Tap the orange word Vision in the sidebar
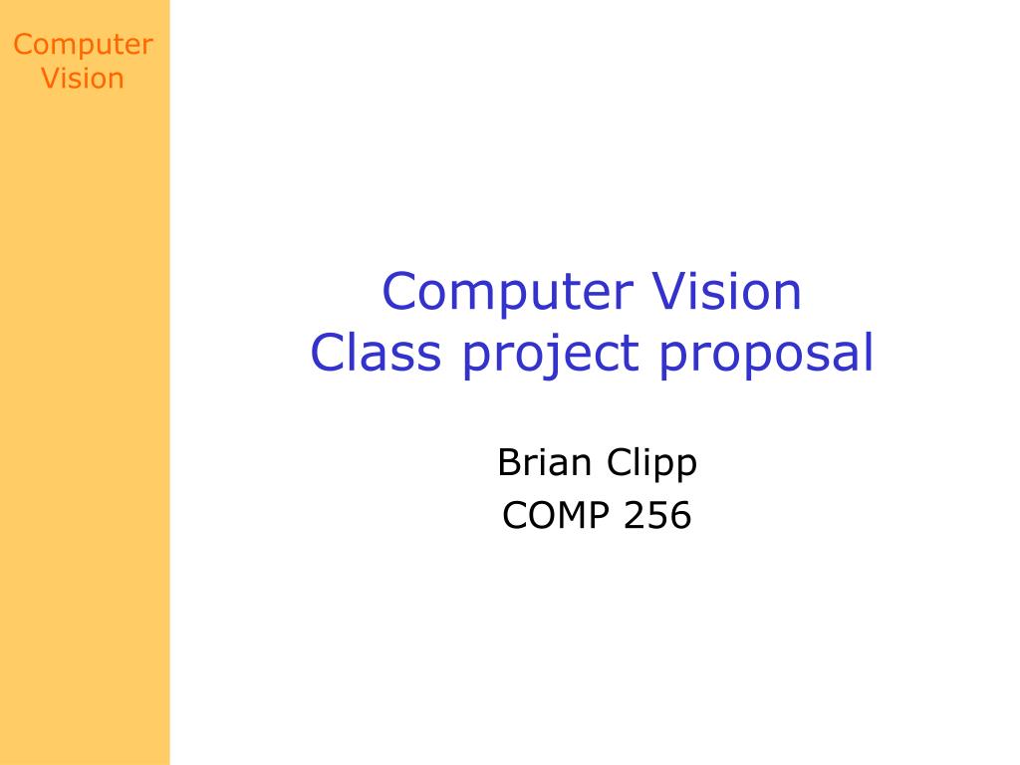coord(83,78)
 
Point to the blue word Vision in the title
coord(726,291)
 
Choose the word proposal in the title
coord(766,356)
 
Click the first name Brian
coord(545,462)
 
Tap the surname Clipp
coord(651,464)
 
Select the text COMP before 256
coord(556,515)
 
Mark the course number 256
coord(657,515)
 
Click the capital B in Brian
coord(510,462)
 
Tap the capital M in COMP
coord(571,515)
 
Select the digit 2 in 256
coord(635,515)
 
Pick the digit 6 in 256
coord(680,515)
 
